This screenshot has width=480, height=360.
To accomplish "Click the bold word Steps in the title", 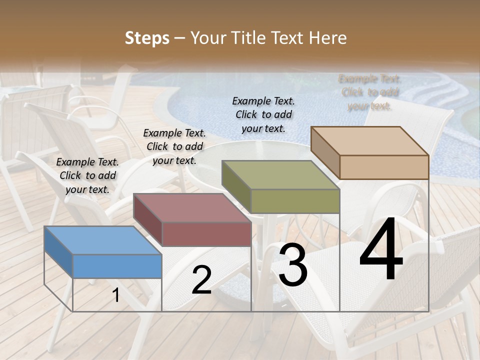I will coord(147,38).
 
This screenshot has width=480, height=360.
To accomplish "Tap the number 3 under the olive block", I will coord(293,266).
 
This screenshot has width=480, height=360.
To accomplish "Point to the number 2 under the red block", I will coord(201,280).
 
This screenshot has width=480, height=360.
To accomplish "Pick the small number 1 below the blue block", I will coord(115,295).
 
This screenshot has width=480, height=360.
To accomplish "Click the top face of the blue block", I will coord(102,240).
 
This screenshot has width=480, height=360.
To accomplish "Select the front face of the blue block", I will coord(117,266).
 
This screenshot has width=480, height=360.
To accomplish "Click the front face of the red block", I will coord(206,234).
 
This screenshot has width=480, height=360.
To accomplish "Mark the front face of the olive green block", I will coord(295,201).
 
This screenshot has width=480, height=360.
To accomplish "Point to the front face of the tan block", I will coord(384,167).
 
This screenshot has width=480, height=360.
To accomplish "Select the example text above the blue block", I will coord(87,175).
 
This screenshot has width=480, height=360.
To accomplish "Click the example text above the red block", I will coord(174,146).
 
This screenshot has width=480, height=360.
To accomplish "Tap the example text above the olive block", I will coord(263,114).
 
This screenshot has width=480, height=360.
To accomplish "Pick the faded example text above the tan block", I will coord(370,92).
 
